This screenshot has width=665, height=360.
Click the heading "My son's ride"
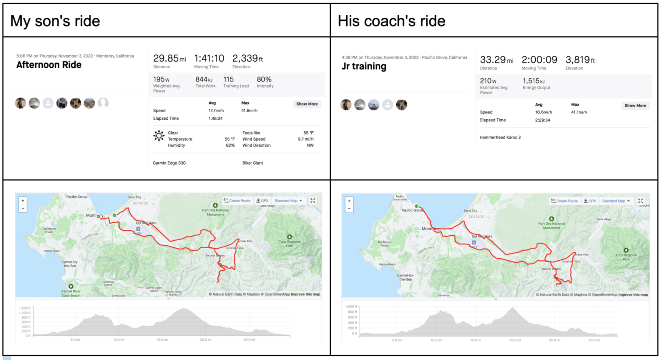point(55,21)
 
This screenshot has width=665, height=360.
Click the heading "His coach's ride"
point(391,21)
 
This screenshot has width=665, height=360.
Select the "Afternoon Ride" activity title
point(49,65)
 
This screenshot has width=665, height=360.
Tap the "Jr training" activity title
point(364,67)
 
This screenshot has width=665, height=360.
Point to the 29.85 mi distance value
point(170,59)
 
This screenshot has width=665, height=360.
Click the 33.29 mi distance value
point(496,60)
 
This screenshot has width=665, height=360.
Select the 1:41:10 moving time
point(209,59)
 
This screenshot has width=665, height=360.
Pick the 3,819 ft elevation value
point(580,60)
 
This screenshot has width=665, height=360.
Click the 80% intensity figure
point(264,79)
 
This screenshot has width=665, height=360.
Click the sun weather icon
point(159,136)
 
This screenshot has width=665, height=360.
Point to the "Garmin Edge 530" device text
point(169,163)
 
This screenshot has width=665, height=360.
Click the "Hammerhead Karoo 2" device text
point(500,137)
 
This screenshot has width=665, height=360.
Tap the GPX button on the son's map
point(262,201)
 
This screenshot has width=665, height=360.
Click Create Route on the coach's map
point(564,201)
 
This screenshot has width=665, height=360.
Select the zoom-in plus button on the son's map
point(23,200)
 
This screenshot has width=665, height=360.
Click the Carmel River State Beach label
point(71,293)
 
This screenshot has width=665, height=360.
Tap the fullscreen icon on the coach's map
point(640,201)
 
